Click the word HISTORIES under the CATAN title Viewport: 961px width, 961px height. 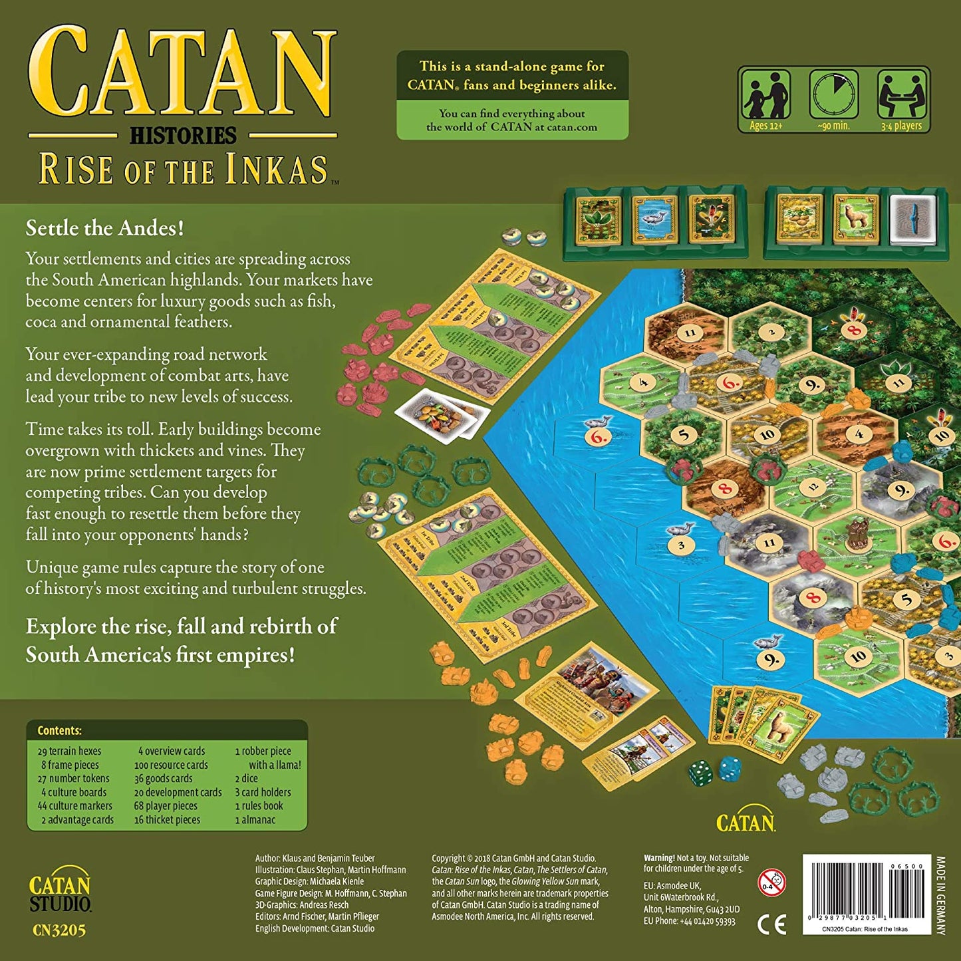coord(183,136)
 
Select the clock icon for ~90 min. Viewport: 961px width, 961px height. coord(833,95)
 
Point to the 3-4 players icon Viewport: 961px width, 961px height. coord(902,95)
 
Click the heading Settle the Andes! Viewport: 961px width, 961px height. coord(104,228)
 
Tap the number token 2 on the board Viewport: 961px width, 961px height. coord(771,333)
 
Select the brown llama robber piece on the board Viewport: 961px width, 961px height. coord(854,533)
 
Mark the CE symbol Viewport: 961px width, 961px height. coord(771,924)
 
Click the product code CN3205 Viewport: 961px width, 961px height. coord(59,930)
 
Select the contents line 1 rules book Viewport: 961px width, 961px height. coord(259,806)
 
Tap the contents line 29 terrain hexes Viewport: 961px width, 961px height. coord(70,751)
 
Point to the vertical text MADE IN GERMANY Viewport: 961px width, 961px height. coord(940,895)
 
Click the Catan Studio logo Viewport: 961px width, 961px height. coord(59,893)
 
